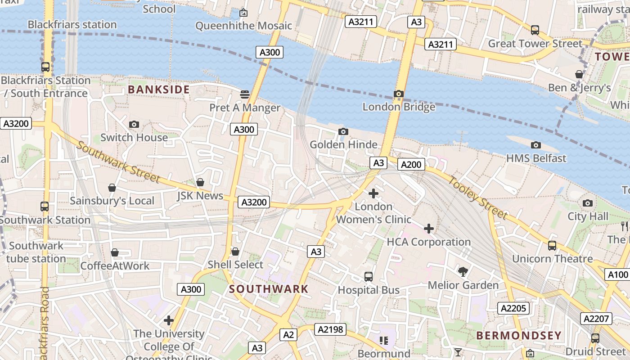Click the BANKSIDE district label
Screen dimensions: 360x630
(x=159, y=90)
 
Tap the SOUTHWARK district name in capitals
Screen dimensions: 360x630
(x=269, y=289)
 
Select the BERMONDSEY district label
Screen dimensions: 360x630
(x=519, y=335)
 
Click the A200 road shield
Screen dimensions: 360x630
(x=411, y=165)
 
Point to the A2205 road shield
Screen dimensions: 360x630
(x=513, y=308)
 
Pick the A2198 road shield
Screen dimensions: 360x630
(x=330, y=329)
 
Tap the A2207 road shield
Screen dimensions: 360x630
(x=596, y=319)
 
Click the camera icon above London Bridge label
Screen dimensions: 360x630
(x=398, y=94)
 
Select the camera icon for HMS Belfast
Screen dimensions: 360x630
(x=535, y=145)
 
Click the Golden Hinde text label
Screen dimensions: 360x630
(x=343, y=144)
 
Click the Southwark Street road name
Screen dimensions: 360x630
(x=118, y=162)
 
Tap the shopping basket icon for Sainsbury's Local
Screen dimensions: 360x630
(x=112, y=188)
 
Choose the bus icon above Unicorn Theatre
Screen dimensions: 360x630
(x=552, y=246)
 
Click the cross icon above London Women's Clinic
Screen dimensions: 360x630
(x=373, y=193)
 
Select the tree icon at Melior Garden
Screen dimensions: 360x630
(x=463, y=271)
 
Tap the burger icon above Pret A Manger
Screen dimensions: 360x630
(x=245, y=94)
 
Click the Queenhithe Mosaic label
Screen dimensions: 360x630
(x=243, y=26)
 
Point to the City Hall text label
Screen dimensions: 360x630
(x=588, y=216)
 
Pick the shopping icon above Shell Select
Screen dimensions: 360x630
(x=235, y=252)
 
